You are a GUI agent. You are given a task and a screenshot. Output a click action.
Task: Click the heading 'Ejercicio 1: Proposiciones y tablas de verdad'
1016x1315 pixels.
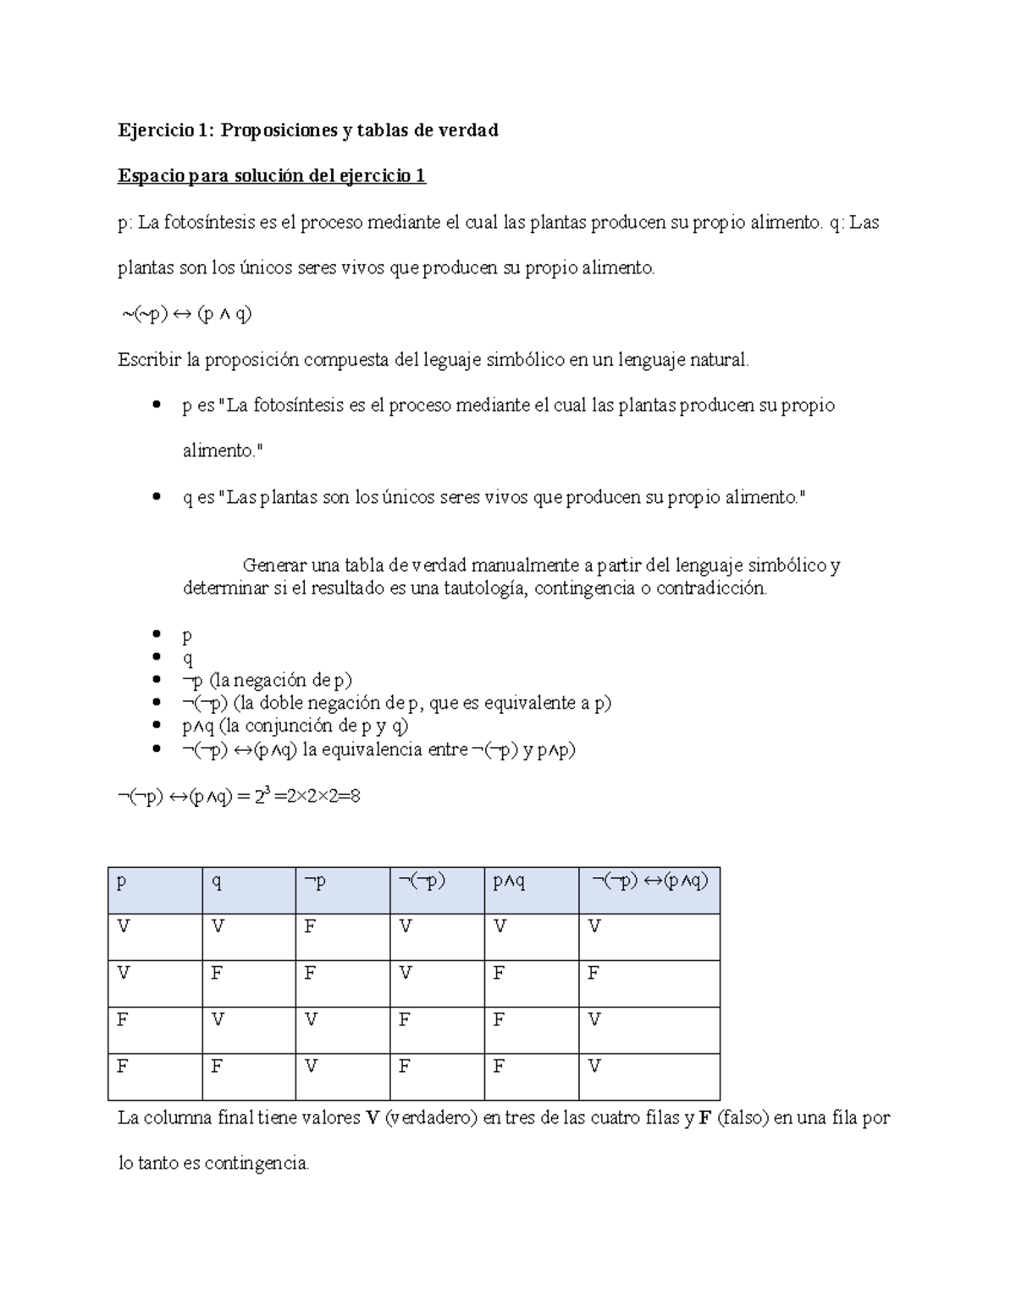[x=307, y=130]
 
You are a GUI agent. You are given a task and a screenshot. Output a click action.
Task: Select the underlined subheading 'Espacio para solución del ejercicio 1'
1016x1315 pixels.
[x=271, y=176]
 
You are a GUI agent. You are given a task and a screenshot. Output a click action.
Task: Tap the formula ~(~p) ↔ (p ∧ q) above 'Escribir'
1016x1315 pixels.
[x=187, y=314]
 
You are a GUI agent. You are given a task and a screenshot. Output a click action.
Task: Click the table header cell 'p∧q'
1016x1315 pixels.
[x=509, y=882]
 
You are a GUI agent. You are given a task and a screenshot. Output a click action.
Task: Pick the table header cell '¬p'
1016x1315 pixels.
[x=315, y=882]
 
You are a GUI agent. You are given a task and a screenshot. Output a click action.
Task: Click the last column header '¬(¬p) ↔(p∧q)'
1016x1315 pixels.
[x=649, y=881]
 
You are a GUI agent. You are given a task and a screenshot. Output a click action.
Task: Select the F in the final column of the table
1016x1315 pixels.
[x=593, y=974]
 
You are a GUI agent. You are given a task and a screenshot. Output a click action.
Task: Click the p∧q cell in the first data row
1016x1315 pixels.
[x=500, y=927]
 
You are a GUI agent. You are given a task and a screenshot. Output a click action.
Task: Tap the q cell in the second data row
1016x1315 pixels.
[x=217, y=974]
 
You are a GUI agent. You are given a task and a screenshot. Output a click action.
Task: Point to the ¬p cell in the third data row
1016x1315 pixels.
[x=311, y=1020]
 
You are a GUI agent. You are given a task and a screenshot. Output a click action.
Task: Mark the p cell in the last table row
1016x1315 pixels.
[x=123, y=1067]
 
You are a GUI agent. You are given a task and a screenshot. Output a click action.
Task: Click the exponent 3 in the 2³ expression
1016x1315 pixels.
[x=268, y=791]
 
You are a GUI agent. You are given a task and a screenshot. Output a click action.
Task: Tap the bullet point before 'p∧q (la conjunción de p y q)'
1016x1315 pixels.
[x=155, y=727]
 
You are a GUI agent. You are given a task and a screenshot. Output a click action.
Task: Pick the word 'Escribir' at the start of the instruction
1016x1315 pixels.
[x=149, y=360]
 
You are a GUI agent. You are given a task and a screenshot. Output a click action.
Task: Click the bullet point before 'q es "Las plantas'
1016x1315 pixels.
[x=155, y=498]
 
